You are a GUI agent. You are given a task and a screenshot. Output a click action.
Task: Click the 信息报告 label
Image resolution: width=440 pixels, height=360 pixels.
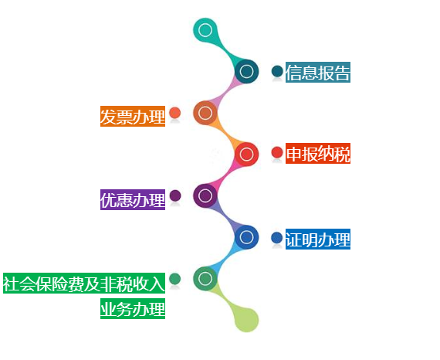pyautogui.click(x=318, y=72)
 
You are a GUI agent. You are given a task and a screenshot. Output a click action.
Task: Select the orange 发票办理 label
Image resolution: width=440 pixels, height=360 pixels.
pyautogui.click(x=133, y=116)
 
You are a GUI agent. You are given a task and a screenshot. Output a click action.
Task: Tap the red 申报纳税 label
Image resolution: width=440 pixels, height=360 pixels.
pyautogui.click(x=318, y=153)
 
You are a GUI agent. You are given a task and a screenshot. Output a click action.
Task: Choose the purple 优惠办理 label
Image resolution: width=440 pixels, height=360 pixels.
pyautogui.click(x=133, y=199)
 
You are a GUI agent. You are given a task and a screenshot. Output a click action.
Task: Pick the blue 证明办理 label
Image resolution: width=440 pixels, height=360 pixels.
pyautogui.click(x=318, y=239)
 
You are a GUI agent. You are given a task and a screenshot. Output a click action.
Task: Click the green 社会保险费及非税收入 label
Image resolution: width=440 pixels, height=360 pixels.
pyautogui.click(x=84, y=283)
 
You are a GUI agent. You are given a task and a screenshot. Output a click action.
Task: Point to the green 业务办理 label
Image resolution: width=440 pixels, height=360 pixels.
pyautogui.click(x=133, y=308)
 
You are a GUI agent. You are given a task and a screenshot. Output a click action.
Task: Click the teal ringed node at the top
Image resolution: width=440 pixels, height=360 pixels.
pyautogui.click(x=205, y=30)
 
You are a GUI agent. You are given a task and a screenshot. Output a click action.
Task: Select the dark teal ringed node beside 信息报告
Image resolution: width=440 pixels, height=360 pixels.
pyautogui.click(x=246, y=71)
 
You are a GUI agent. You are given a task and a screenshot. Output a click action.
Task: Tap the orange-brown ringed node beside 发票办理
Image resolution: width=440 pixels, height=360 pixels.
pyautogui.click(x=205, y=113)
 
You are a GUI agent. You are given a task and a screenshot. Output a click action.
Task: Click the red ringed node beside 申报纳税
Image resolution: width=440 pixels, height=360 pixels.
pyautogui.click(x=246, y=155)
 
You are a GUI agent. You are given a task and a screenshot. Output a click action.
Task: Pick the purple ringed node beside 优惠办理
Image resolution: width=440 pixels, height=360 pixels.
pyautogui.click(x=205, y=195)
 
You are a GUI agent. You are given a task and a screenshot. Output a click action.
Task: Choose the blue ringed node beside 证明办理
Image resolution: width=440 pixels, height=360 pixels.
pyautogui.click(x=246, y=237)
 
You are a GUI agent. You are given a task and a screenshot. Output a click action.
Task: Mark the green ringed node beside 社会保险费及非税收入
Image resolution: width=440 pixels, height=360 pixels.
pyautogui.click(x=205, y=279)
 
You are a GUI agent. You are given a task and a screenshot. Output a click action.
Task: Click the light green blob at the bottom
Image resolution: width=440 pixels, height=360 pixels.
pyautogui.click(x=246, y=320)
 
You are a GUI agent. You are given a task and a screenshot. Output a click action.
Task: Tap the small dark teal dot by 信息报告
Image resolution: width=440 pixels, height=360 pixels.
pyautogui.click(x=277, y=71)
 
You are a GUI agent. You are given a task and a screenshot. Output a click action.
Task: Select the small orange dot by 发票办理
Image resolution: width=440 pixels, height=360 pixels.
pyautogui.click(x=174, y=113)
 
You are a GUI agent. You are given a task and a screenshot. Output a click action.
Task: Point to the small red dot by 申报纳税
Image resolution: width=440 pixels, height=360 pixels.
pyautogui.click(x=277, y=152)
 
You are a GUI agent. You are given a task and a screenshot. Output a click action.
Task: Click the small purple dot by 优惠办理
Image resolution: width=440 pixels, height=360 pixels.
pyautogui.click(x=175, y=195)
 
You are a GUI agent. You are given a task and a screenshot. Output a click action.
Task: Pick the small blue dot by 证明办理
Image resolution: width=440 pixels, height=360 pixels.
pyautogui.click(x=276, y=238)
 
